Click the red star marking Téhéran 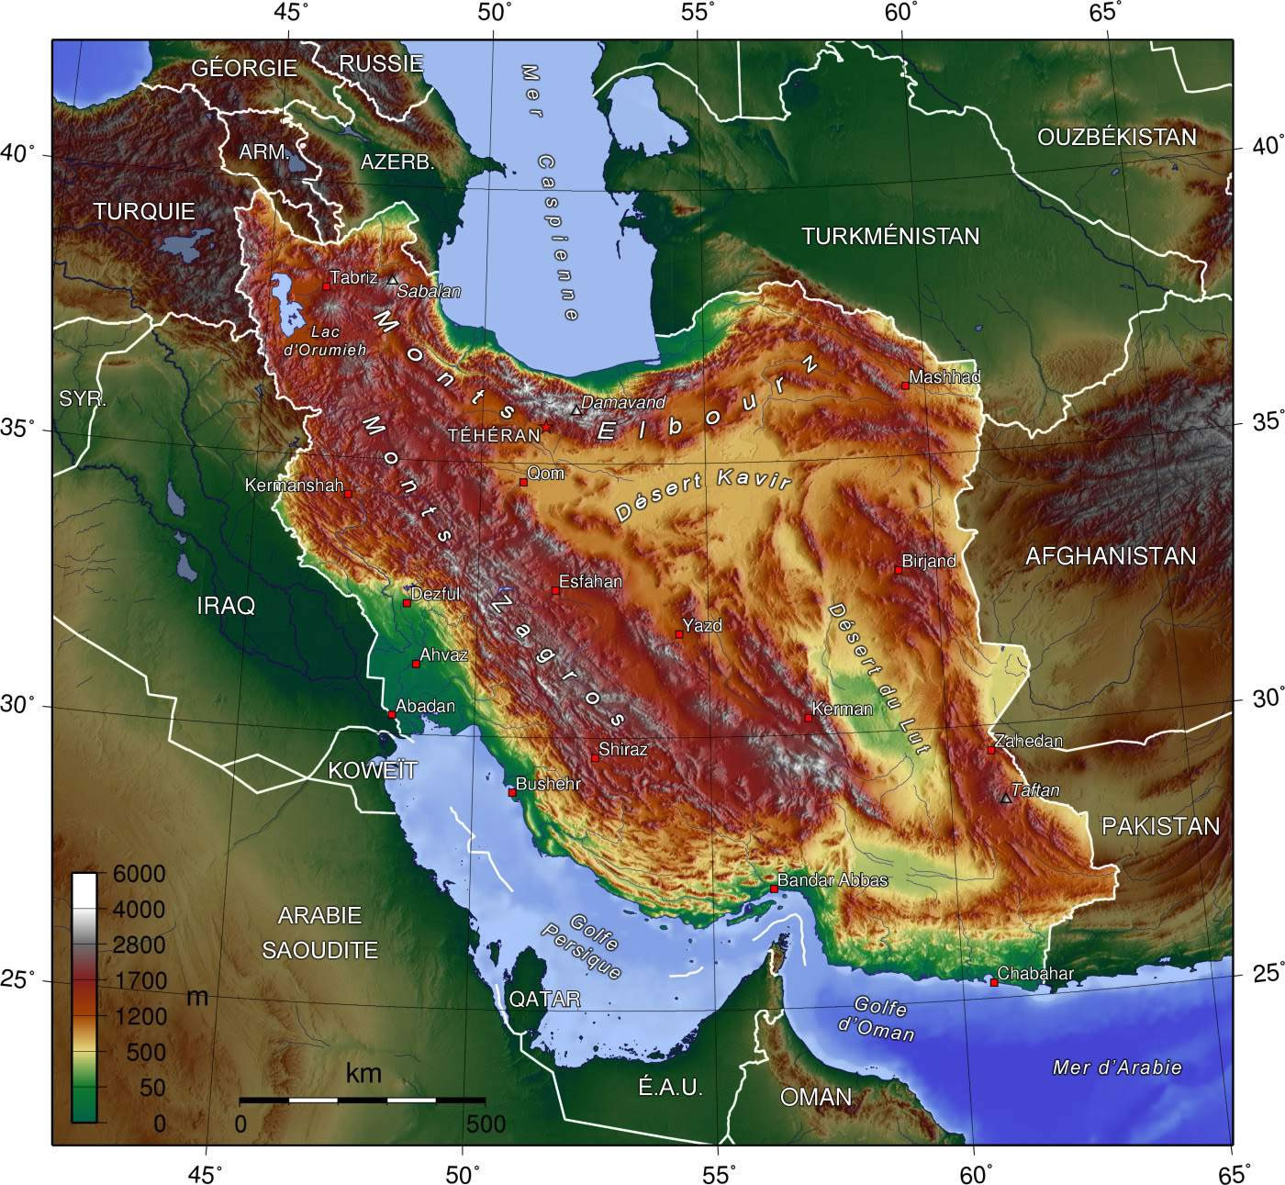pos(546,427)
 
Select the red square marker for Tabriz pos(326,286)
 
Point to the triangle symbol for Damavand pos(576,410)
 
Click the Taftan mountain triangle pos(1006,799)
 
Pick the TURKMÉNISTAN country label pos(890,236)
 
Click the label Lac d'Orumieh pos(325,341)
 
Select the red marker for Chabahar pos(993,982)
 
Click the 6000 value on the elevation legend pos(139,874)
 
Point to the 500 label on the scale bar pos(486,1124)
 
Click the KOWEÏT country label pos(373,770)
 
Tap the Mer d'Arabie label pos(1117,1068)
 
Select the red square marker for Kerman pos(808,718)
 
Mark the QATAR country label pos(545,999)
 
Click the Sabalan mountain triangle pos(393,280)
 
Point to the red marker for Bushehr pos(512,792)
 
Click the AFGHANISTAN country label pos(1111,555)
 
